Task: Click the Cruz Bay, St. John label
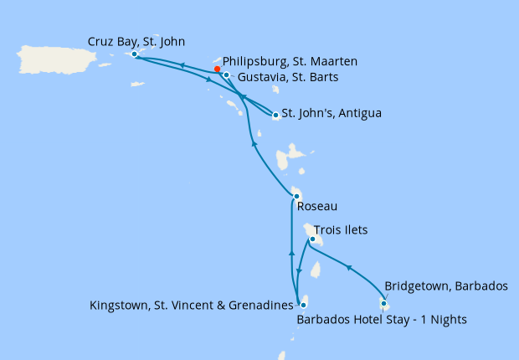(136, 41)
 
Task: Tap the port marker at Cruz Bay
(134, 54)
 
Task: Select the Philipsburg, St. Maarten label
(290, 61)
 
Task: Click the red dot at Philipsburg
(217, 69)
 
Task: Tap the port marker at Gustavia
(226, 75)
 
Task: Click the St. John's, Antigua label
(331, 113)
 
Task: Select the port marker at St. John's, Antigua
(275, 116)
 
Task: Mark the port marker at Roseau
(295, 196)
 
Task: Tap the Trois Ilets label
(341, 229)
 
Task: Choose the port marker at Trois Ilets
(311, 239)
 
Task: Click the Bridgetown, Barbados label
(445, 285)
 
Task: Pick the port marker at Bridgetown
(383, 303)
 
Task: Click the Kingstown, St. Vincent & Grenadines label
(193, 306)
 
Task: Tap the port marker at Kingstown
(302, 306)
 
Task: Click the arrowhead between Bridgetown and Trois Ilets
(348, 267)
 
